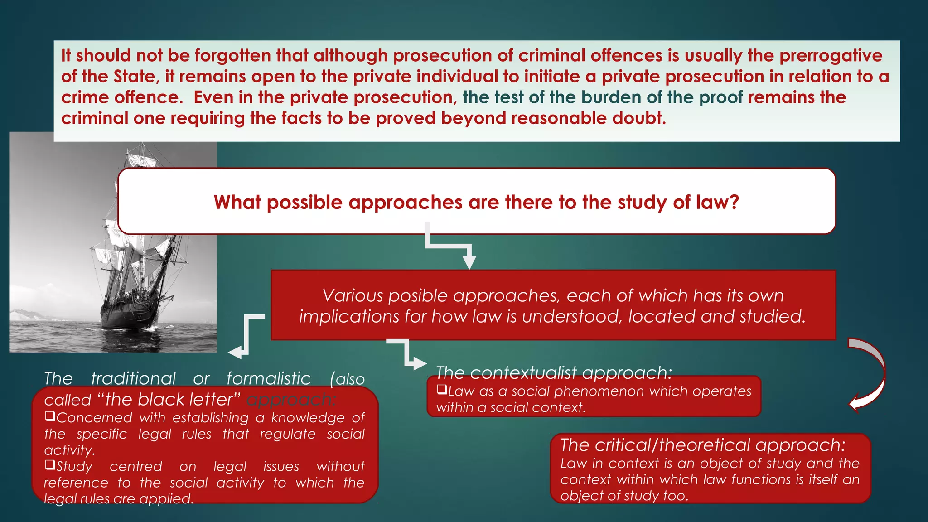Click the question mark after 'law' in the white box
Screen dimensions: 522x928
point(734,202)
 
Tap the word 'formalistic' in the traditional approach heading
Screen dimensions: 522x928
point(269,379)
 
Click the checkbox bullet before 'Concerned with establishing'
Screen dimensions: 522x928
point(50,416)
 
